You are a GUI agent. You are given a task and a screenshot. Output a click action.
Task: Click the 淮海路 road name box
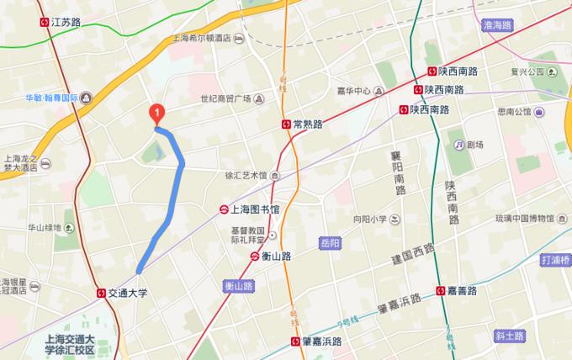tap(496, 26)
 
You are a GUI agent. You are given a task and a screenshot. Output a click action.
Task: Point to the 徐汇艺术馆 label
tap(246, 176)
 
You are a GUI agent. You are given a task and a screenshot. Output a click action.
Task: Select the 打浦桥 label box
tap(556, 260)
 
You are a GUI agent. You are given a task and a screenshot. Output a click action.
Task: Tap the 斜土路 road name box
tap(510, 336)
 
